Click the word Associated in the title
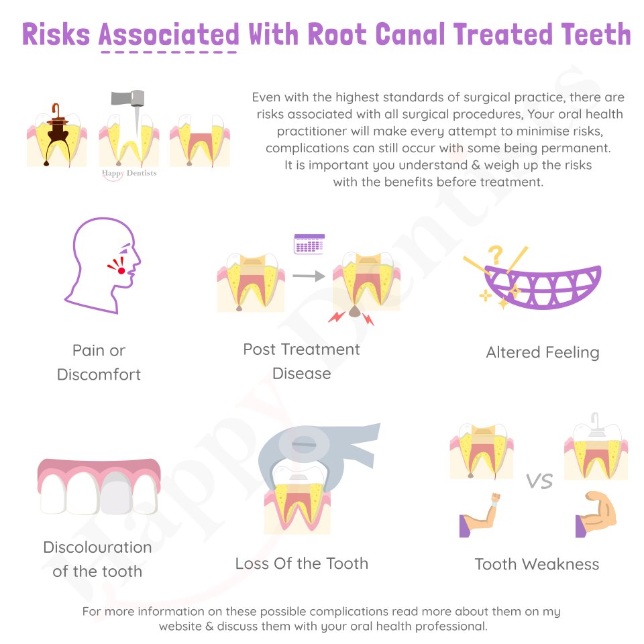tap(169, 34)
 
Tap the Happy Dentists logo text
tap(129, 174)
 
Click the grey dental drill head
tap(127, 98)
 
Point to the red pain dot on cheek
tap(121, 270)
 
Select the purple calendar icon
tap(309, 244)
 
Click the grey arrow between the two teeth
tap(309, 276)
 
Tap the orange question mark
tap(496, 255)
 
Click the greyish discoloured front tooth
tap(116, 493)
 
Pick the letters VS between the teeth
tap(539, 481)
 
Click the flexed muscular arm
tap(596, 515)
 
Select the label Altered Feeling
tap(543, 353)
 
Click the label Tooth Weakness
tap(537, 564)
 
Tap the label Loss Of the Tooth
tap(302, 563)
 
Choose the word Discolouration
tap(98, 547)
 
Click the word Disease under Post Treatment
tap(302, 374)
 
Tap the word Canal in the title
tap(410, 34)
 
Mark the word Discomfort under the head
tap(99, 374)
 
